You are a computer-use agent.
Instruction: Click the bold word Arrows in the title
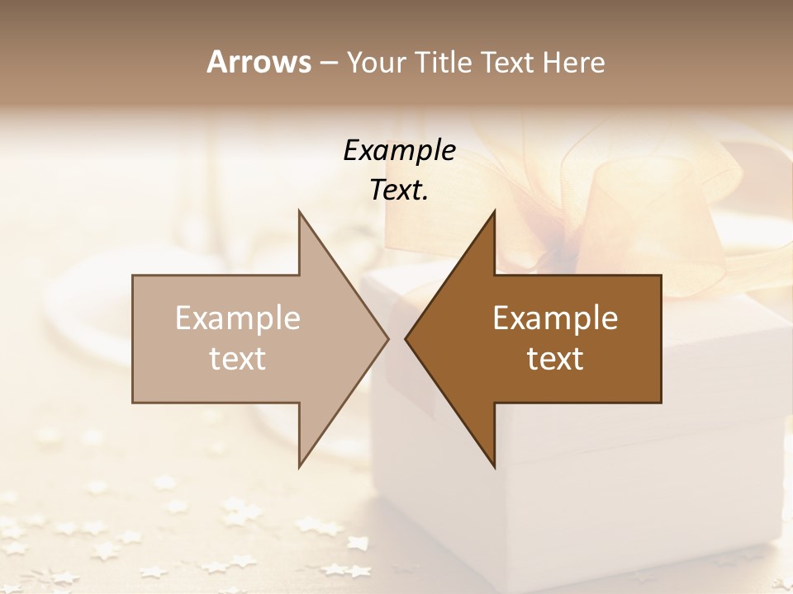[259, 62]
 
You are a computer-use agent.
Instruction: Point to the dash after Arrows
[329, 64]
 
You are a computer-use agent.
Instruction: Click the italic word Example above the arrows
[400, 150]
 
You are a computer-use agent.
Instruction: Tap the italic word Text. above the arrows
[400, 190]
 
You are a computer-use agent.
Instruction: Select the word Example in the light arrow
[238, 318]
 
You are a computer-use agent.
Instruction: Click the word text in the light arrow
[238, 358]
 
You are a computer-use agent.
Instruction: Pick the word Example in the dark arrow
[555, 318]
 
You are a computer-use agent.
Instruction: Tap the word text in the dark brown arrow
[555, 358]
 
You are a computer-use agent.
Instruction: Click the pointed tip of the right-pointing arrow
[388, 338]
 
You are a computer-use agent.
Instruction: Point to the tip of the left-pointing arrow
[406, 338]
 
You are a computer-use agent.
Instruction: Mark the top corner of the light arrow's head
[299, 211]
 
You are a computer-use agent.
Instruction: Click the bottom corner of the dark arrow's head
[494, 467]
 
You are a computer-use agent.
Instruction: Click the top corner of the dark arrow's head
[494, 211]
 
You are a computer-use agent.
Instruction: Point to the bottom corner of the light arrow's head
[299, 467]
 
